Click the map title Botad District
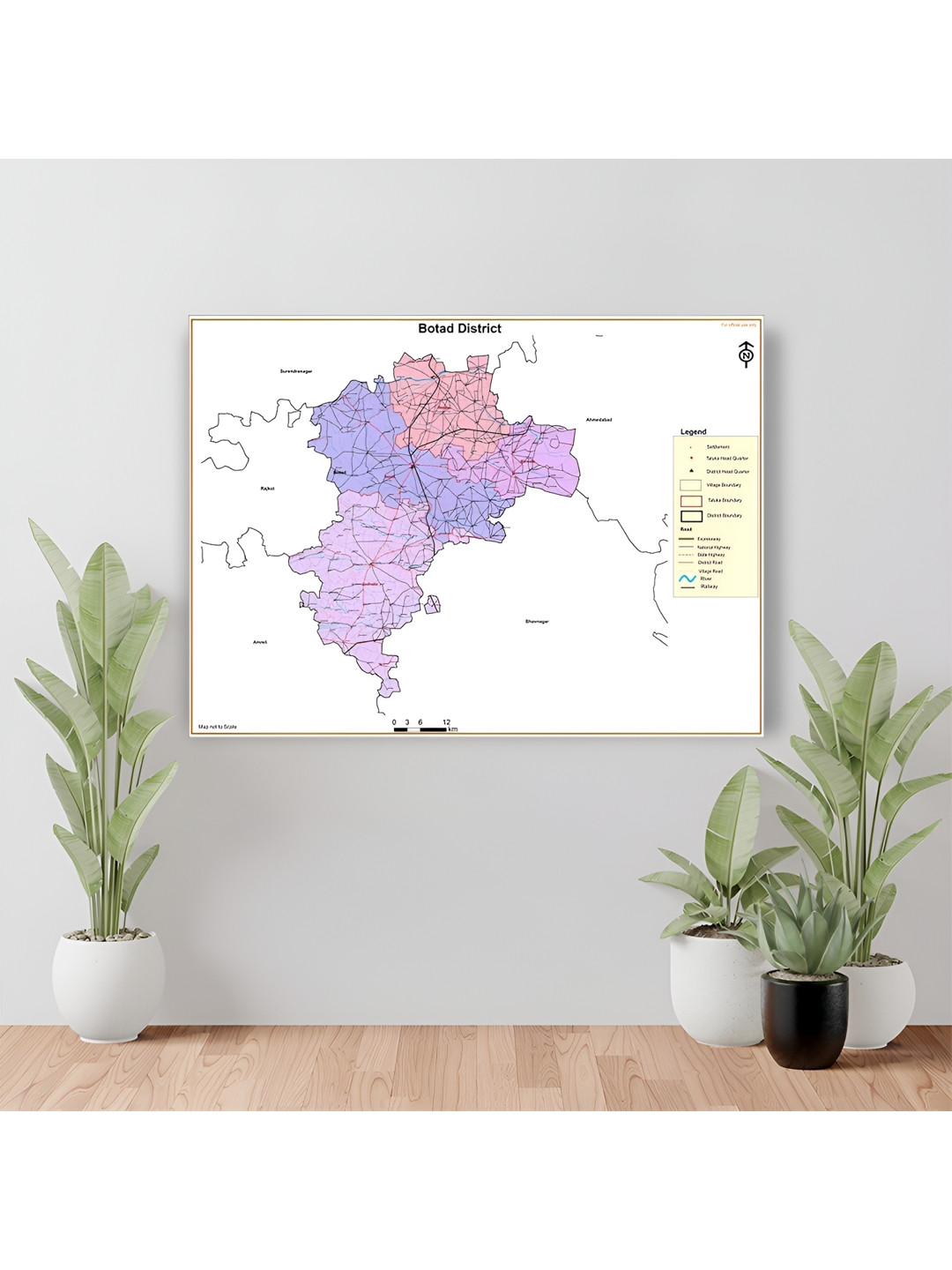pyautogui.click(x=459, y=329)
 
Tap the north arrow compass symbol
pyautogui.click(x=747, y=354)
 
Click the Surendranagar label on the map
pyautogui.click(x=296, y=371)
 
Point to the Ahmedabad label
pyautogui.click(x=599, y=420)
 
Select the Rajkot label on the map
pyautogui.click(x=268, y=488)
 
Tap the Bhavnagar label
pyautogui.click(x=537, y=622)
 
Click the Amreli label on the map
pyautogui.click(x=260, y=642)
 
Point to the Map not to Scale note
pyautogui.click(x=218, y=727)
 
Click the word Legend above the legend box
pyautogui.click(x=693, y=432)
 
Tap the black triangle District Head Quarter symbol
pyautogui.click(x=691, y=472)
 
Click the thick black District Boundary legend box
pyautogui.click(x=691, y=516)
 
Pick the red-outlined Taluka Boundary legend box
pyautogui.click(x=691, y=501)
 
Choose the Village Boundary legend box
pyautogui.click(x=691, y=485)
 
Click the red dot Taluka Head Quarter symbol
pyautogui.click(x=691, y=459)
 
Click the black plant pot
pyautogui.click(x=804, y=1018)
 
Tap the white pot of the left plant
pyautogui.click(x=108, y=983)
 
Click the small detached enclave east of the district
pyautogui.click(x=432, y=604)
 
